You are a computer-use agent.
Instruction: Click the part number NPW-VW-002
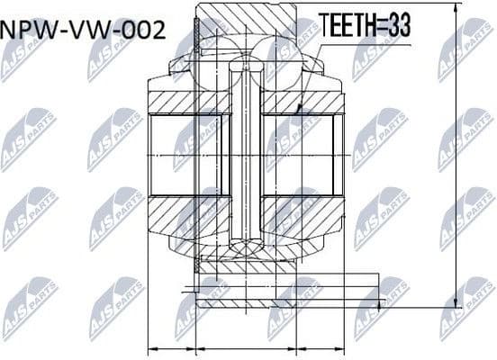click(x=85, y=29)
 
